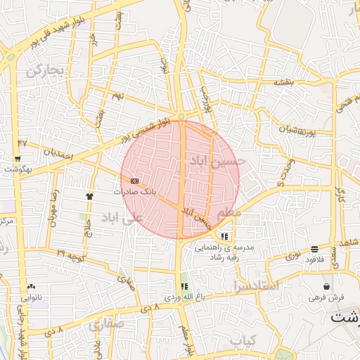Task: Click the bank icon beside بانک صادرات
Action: (x=134, y=181)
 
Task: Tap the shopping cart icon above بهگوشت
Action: (x=18, y=159)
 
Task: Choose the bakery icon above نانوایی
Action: (x=31, y=287)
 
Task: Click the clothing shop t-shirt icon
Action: (x=89, y=196)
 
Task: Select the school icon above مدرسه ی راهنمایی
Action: (x=224, y=237)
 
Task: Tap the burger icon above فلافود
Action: (x=314, y=249)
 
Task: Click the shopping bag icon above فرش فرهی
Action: (x=327, y=286)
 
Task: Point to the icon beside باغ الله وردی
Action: (x=184, y=287)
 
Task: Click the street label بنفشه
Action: (x=283, y=82)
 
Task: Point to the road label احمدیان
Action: (x=58, y=152)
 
